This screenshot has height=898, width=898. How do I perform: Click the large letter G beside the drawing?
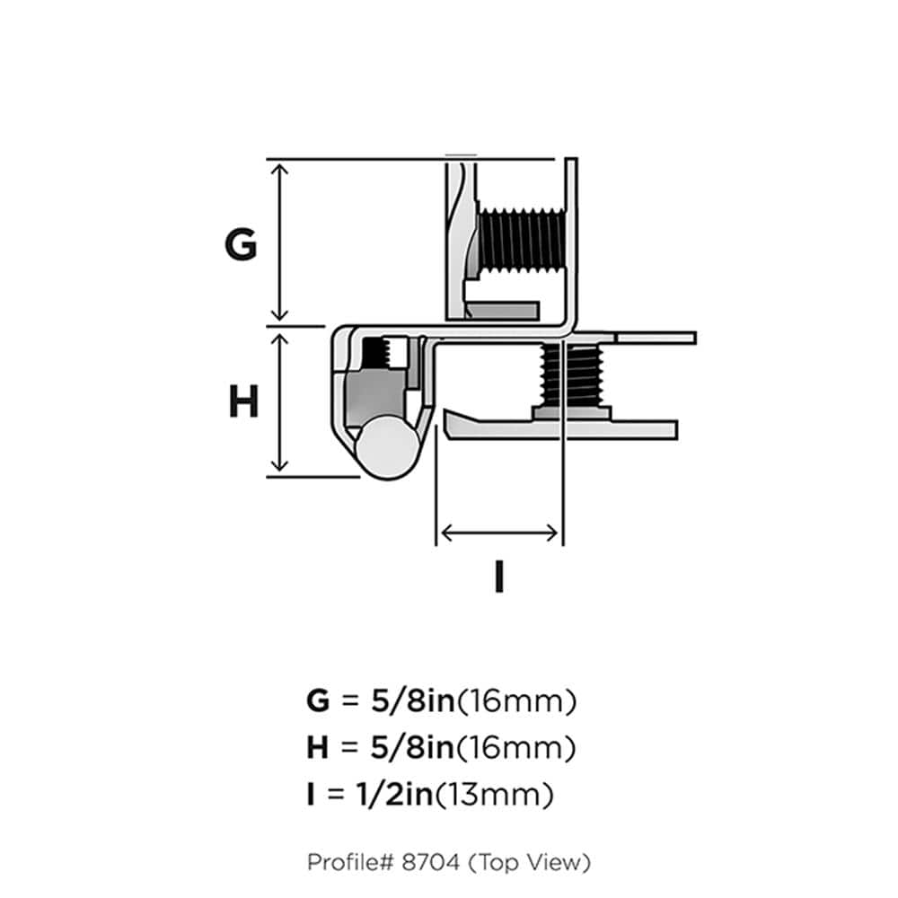[241, 244]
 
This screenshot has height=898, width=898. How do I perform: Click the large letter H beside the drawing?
[243, 402]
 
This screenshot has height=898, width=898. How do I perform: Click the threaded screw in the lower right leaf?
[572, 376]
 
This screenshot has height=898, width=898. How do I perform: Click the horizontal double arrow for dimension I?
[499, 533]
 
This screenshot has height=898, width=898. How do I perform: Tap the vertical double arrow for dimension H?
[281, 401]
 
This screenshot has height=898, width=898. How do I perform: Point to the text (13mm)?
[506, 795]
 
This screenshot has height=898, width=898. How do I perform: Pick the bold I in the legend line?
[310, 795]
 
